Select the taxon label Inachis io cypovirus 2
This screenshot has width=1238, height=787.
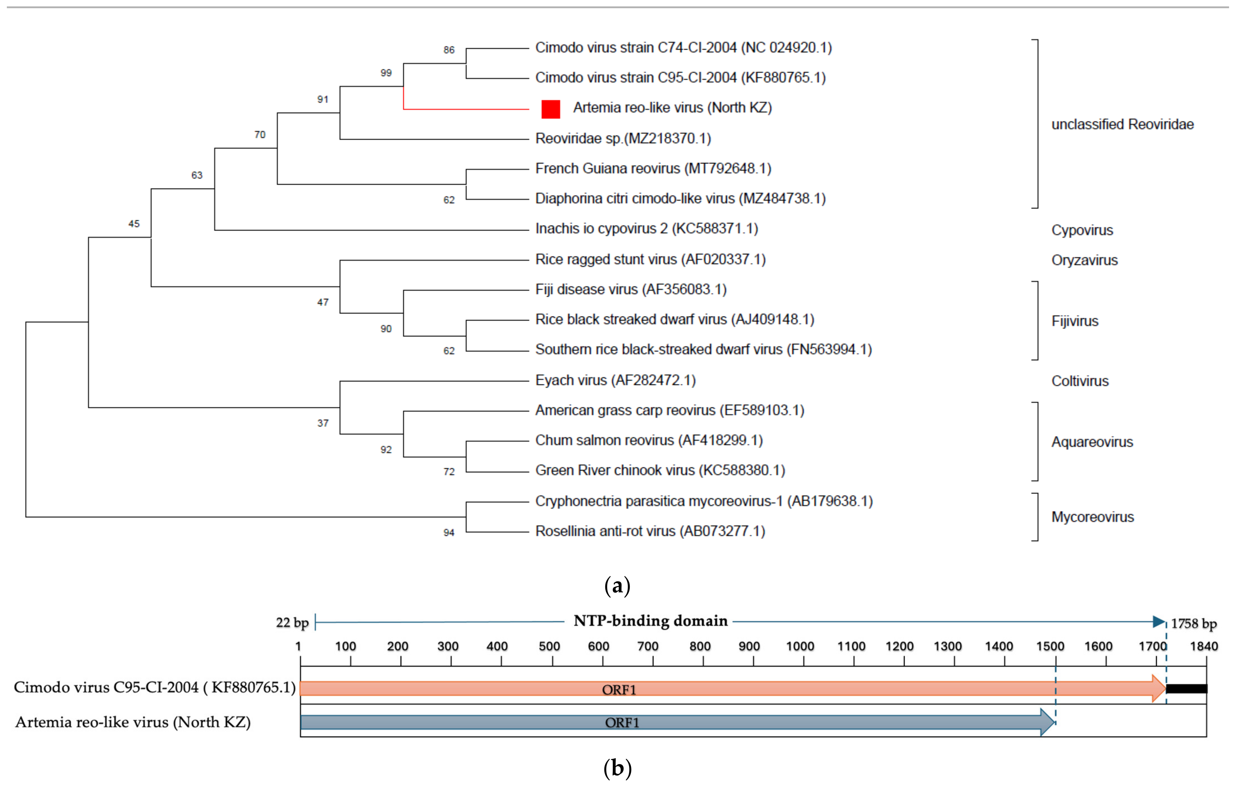pos(646,229)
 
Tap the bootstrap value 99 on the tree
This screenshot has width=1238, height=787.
pos(386,73)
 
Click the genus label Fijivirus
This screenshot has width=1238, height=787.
pos(1075,321)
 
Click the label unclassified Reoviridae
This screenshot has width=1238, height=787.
pos(1122,124)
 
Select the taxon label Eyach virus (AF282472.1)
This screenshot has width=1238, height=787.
pos(615,380)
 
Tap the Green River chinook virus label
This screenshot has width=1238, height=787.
pos(660,470)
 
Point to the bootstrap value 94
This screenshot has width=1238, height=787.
pos(449,532)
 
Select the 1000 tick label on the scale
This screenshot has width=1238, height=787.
pos(800,646)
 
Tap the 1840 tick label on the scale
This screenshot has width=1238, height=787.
pos(1203,646)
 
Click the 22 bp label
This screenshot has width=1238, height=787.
pos(292,622)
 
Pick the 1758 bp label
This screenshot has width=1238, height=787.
pos(1194,624)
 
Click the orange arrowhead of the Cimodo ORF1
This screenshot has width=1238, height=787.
pos(1159,688)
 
